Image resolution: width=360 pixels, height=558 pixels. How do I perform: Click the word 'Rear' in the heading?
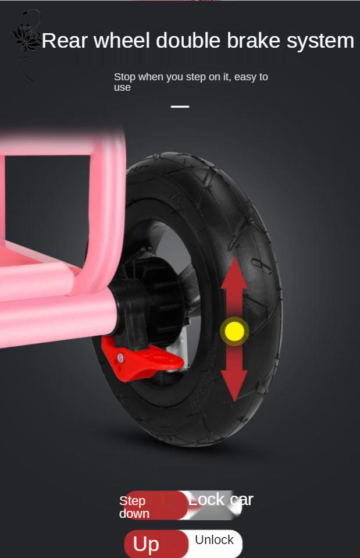[x=65, y=41]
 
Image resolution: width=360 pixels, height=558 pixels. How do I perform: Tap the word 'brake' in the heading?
[x=254, y=40]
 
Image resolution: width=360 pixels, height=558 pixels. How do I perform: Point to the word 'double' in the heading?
[x=188, y=40]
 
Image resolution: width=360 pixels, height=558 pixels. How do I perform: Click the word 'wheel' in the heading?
[x=122, y=40]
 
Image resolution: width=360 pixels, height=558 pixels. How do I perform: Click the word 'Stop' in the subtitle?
[x=125, y=77]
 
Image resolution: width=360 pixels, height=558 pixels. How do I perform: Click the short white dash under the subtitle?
[x=180, y=106]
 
